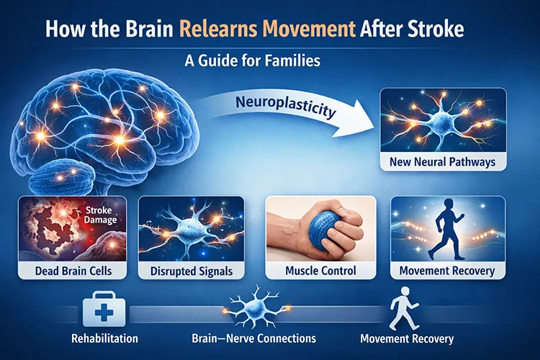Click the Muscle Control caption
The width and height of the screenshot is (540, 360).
322,271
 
